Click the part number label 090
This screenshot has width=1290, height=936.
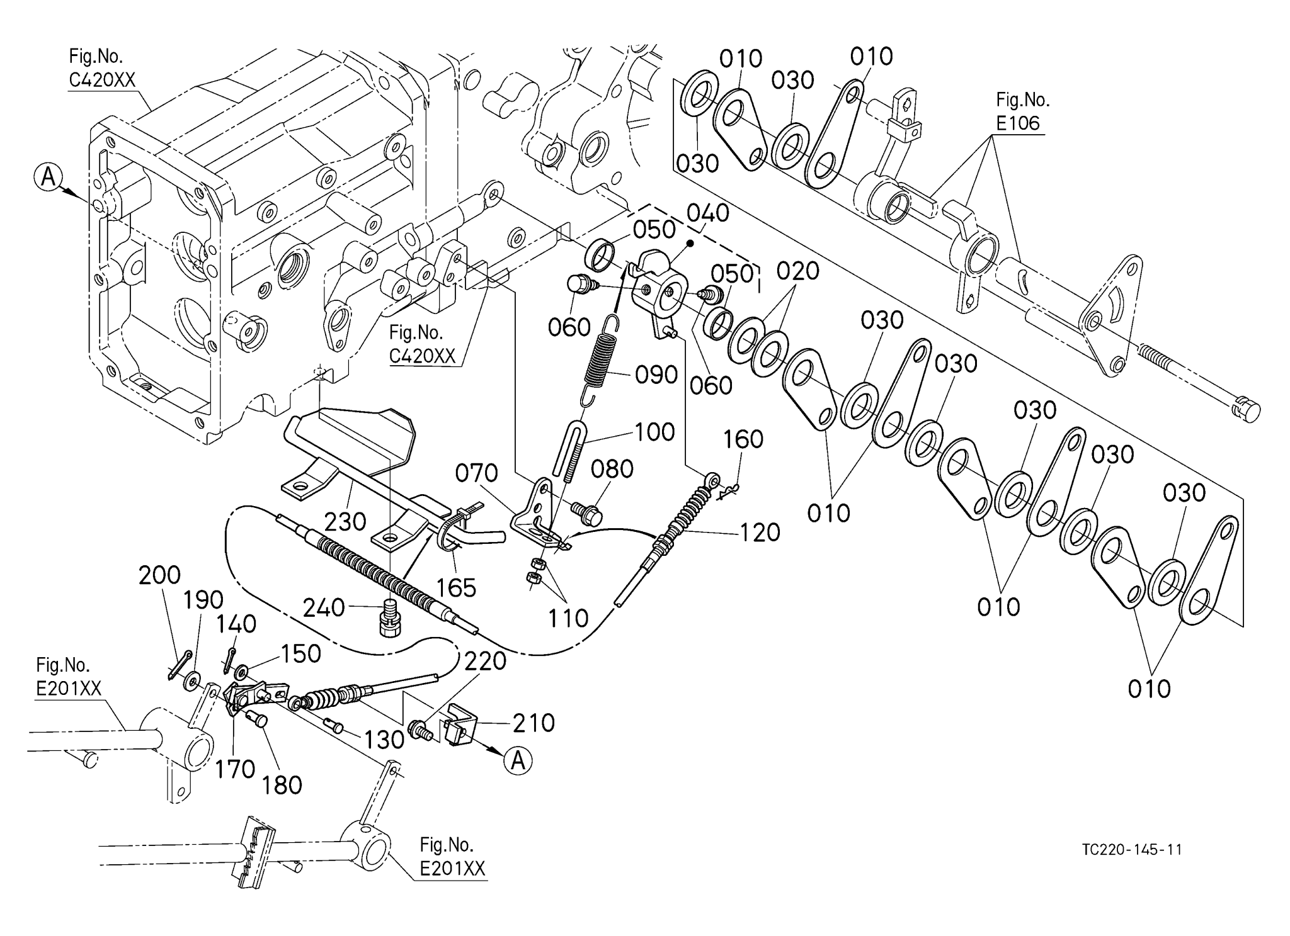[656, 375]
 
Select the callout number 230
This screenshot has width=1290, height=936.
[345, 522]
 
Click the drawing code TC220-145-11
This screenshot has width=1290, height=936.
[1131, 850]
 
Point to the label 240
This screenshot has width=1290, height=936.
[324, 609]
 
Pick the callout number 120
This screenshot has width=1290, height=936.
[760, 533]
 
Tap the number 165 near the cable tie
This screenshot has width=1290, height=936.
[457, 588]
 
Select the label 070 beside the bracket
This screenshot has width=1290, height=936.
[476, 473]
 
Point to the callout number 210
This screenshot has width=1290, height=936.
[534, 723]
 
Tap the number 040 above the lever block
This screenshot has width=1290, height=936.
[707, 213]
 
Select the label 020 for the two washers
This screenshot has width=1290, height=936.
[797, 271]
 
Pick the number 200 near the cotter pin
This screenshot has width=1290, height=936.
[159, 575]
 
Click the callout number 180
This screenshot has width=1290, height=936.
[282, 785]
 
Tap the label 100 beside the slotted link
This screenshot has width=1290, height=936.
[654, 432]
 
